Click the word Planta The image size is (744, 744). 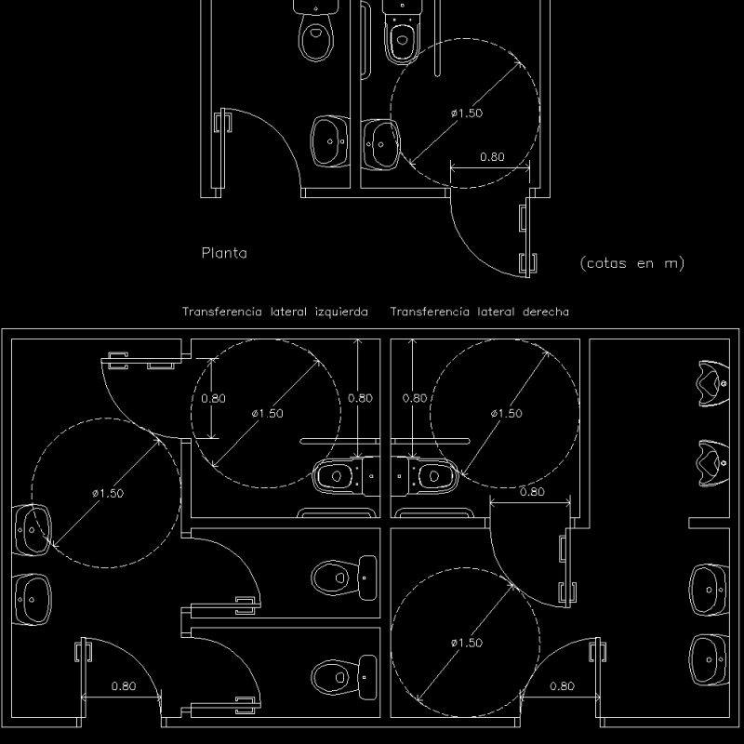tap(224, 252)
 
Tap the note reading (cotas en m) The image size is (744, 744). tap(631, 263)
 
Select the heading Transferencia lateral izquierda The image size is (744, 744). tap(274, 312)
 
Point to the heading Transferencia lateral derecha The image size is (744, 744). tap(479, 312)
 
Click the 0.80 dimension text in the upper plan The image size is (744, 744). tap(492, 157)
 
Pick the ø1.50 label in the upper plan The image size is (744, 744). tap(467, 113)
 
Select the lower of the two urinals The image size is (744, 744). tap(711, 458)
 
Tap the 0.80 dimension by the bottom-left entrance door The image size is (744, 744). tap(124, 686)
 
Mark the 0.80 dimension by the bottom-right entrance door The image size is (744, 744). tap(562, 686)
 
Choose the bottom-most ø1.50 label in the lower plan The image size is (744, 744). tap(467, 643)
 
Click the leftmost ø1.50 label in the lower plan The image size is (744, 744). tap(108, 494)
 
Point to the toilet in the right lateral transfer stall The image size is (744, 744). tap(426, 477)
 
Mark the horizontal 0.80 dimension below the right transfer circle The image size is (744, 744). tap(532, 492)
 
